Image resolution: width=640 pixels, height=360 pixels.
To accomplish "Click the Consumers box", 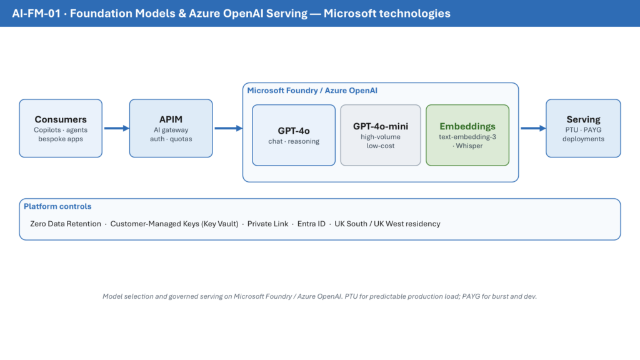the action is click(61, 128).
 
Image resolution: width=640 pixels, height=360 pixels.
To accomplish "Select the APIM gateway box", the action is click(171, 128).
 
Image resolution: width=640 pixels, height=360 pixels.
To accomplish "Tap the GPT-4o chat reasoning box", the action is click(294, 135).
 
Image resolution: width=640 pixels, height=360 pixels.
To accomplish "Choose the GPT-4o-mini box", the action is click(381, 135).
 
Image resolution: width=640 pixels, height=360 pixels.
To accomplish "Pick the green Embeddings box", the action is click(467, 135).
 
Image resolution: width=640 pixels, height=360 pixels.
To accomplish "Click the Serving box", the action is click(583, 128).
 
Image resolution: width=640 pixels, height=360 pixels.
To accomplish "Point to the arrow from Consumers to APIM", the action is click(117, 128).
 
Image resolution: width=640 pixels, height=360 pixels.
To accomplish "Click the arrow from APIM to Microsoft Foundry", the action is click(229, 128).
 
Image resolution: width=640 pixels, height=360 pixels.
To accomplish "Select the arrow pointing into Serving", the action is click(533, 128).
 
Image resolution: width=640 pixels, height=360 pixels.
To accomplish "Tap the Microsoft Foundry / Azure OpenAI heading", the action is click(312, 91).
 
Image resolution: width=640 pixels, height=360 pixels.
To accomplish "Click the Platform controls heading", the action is click(57, 206).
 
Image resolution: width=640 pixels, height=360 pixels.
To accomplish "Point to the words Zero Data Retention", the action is click(65, 224).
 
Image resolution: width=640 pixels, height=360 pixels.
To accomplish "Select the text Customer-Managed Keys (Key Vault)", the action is click(174, 224).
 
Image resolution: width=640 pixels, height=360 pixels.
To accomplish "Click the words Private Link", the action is click(267, 224).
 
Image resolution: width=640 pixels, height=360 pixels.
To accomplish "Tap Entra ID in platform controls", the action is click(311, 224).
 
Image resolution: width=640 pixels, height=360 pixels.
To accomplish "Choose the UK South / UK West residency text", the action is click(387, 224).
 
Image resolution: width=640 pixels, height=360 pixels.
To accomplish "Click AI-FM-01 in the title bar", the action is click(36, 14).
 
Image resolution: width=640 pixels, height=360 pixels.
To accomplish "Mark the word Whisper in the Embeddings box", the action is click(469, 146).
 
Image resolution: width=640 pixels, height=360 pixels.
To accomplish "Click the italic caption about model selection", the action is click(319, 296).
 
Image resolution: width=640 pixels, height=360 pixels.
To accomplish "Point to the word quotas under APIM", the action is click(181, 139).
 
